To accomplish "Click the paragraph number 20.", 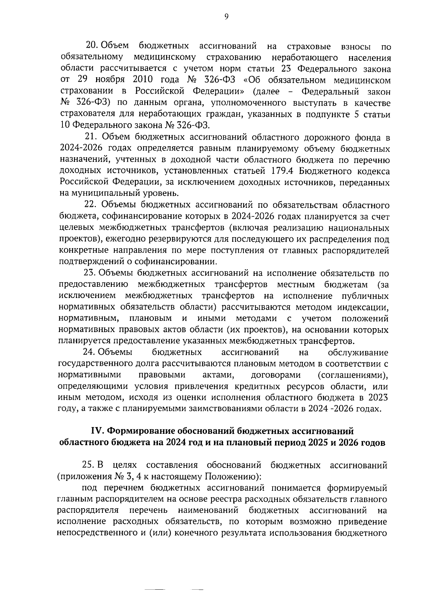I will pos(93,46).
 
